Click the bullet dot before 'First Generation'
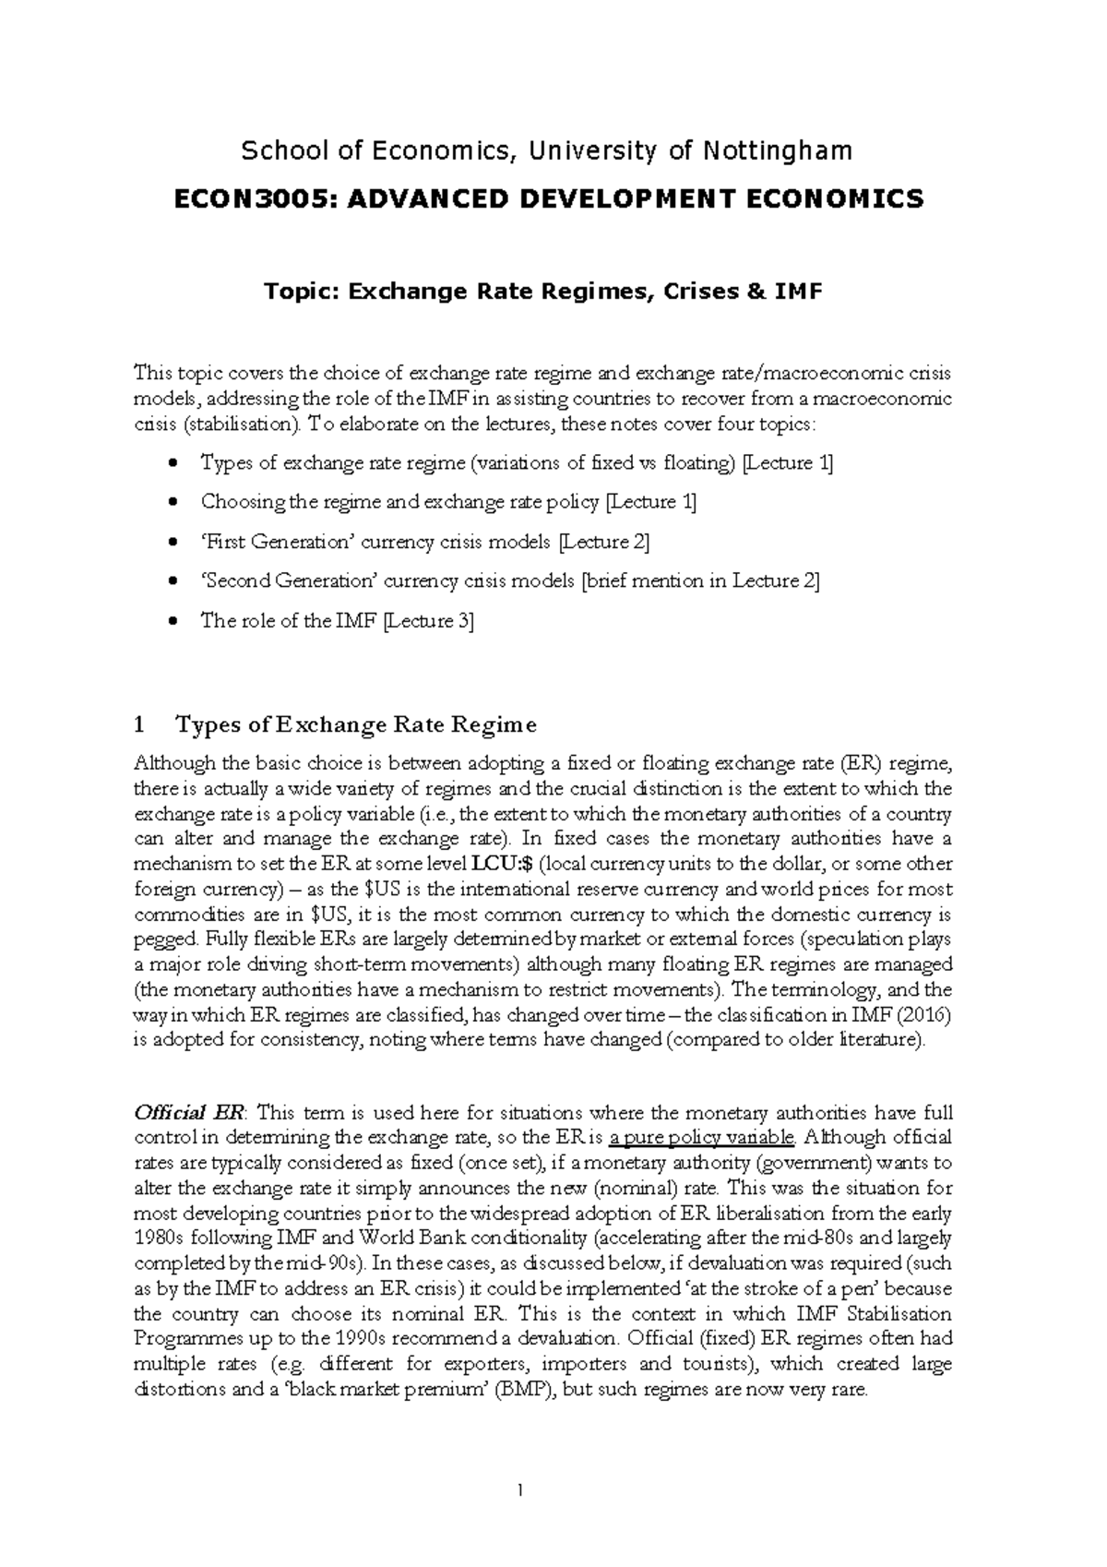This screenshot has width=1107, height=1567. point(173,543)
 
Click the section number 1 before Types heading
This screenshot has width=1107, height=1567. point(139,724)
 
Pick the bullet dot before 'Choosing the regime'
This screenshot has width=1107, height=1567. point(173,503)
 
